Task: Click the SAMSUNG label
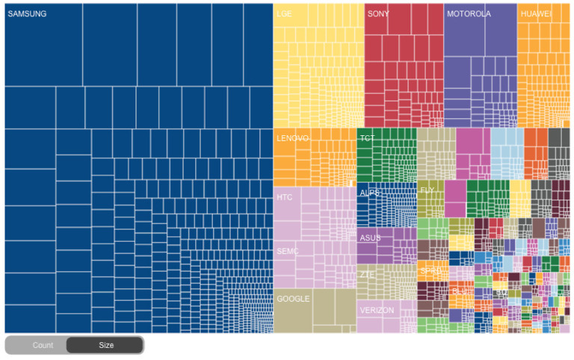point(27,14)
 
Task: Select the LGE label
point(284,14)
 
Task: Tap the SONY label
point(378,14)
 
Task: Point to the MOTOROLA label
point(469,14)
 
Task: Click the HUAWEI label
point(536,14)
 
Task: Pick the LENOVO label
point(292,139)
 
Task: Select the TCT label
point(367,139)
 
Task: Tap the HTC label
point(284,198)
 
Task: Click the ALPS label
point(370,193)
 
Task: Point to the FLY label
point(428,190)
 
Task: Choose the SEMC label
point(288,251)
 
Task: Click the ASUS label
point(370,238)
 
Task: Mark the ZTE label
point(367,275)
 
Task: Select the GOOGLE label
point(293,299)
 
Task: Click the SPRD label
point(431,271)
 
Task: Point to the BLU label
point(459,292)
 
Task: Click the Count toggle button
point(43,345)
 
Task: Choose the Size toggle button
point(106,345)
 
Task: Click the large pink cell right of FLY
point(455,198)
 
